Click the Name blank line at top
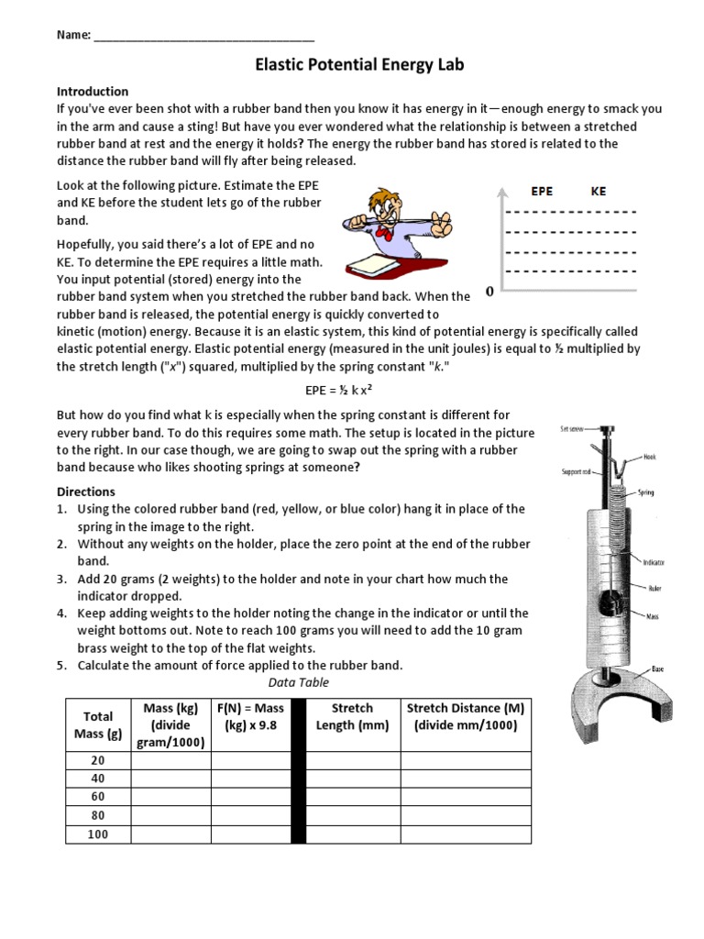click(203, 37)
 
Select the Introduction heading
click(93, 92)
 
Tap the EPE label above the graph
click(542, 192)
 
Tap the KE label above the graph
click(598, 192)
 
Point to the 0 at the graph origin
click(489, 292)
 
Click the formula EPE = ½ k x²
click(338, 390)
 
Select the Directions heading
click(86, 492)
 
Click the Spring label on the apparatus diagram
click(648, 492)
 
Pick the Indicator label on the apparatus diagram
click(654, 562)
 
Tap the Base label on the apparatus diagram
click(657, 668)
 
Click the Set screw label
click(574, 429)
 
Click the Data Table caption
click(298, 683)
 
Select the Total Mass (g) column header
click(98, 724)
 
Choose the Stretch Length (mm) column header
click(352, 716)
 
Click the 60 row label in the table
click(98, 797)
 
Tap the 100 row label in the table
click(98, 834)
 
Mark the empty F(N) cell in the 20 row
click(258, 760)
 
